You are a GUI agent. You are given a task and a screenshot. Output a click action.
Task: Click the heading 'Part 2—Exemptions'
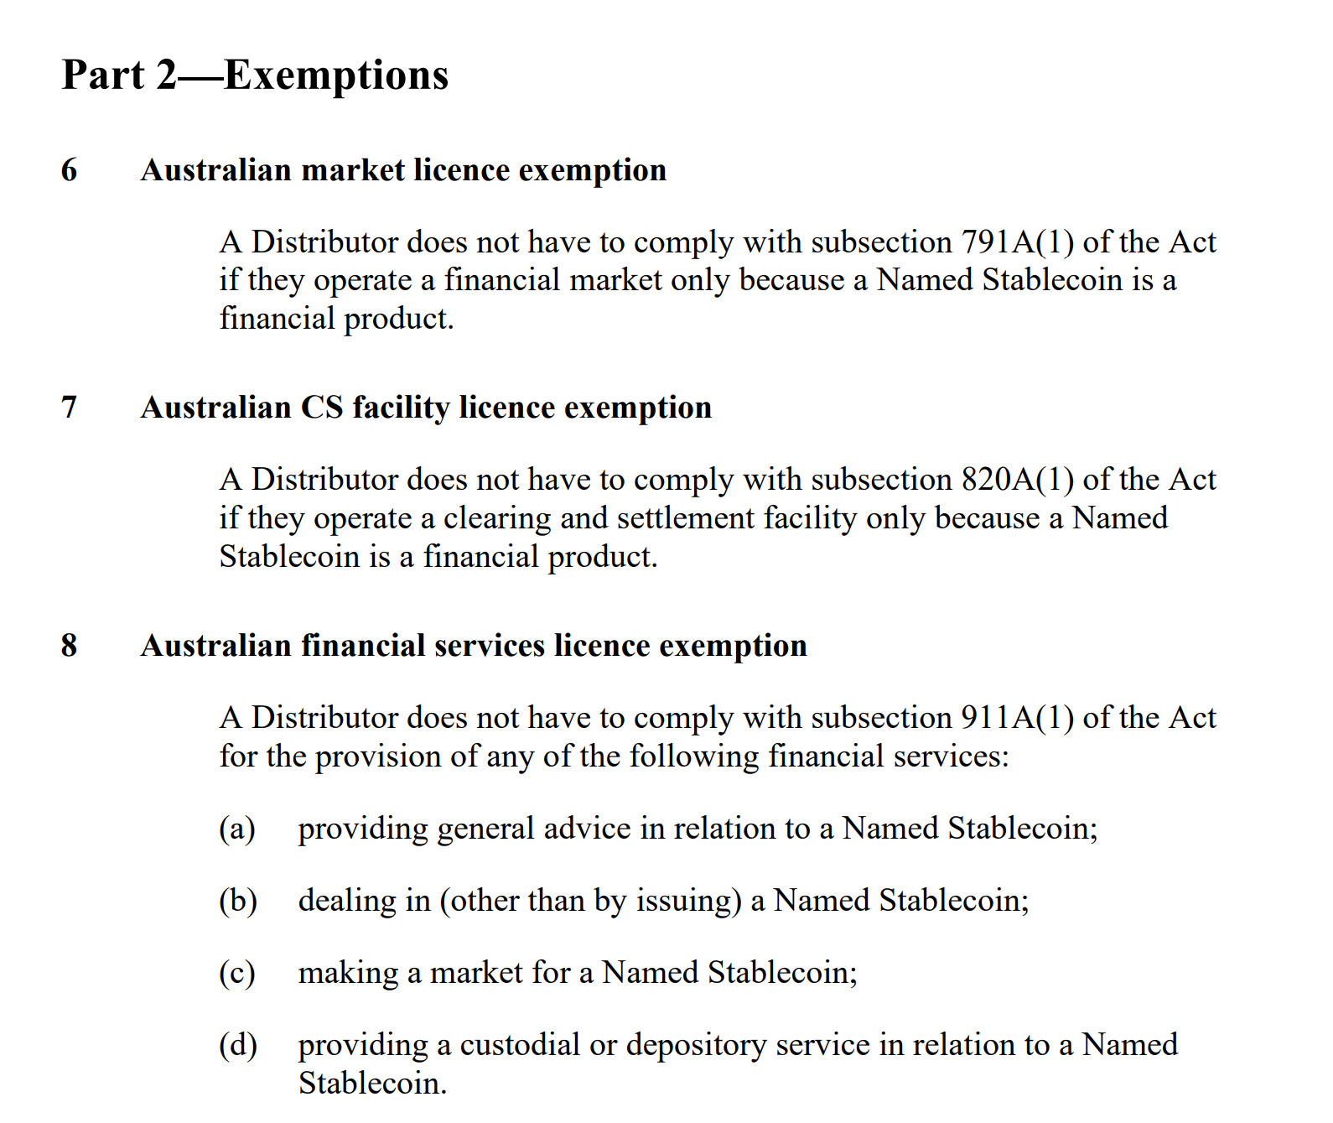(x=255, y=75)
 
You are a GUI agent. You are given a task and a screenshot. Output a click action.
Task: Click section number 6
(x=70, y=170)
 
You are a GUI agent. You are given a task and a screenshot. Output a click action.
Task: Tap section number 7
(x=70, y=408)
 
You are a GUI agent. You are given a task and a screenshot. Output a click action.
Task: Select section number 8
(x=70, y=646)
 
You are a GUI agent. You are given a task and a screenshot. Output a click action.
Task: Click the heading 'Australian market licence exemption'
(x=403, y=170)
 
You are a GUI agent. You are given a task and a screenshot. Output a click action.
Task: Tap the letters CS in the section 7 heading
(x=322, y=408)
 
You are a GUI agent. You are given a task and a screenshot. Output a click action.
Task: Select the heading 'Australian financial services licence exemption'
(x=474, y=646)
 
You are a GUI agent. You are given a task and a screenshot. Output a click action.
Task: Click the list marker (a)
(x=237, y=829)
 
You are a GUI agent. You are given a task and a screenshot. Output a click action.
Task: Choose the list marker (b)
(x=238, y=901)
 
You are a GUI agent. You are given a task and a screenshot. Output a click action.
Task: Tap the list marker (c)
(x=237, y=973)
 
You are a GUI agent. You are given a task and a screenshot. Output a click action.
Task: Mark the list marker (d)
(x=238, y=1045)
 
